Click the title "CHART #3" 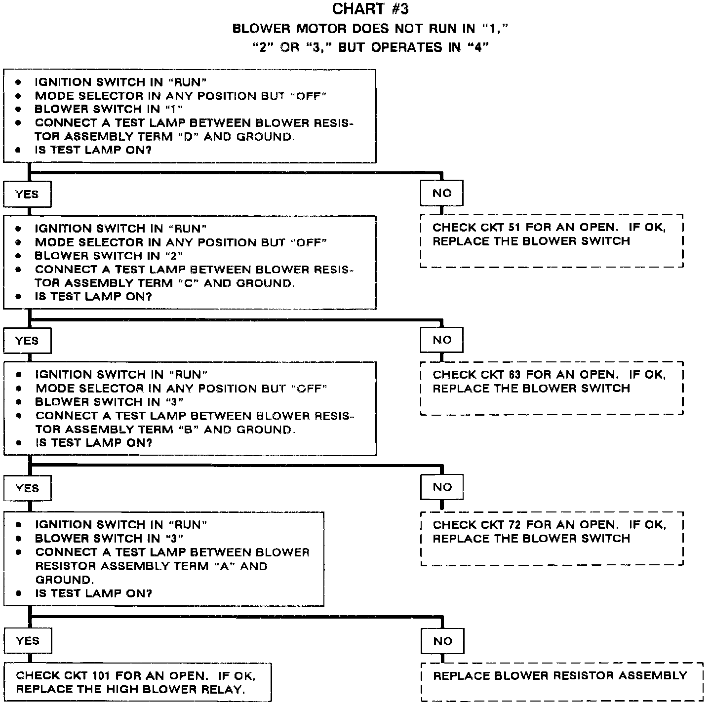[370, 9]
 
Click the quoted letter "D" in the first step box [188, 136]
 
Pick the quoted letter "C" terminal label [188, 283]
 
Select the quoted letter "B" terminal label [188, 430]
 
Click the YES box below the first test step [27, 194]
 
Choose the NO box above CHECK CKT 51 [442, 193]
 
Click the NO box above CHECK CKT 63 [442, 340]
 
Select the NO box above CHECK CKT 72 [442, 487]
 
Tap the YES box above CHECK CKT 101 [28, 640]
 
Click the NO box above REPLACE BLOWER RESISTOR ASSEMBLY [442, 641]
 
